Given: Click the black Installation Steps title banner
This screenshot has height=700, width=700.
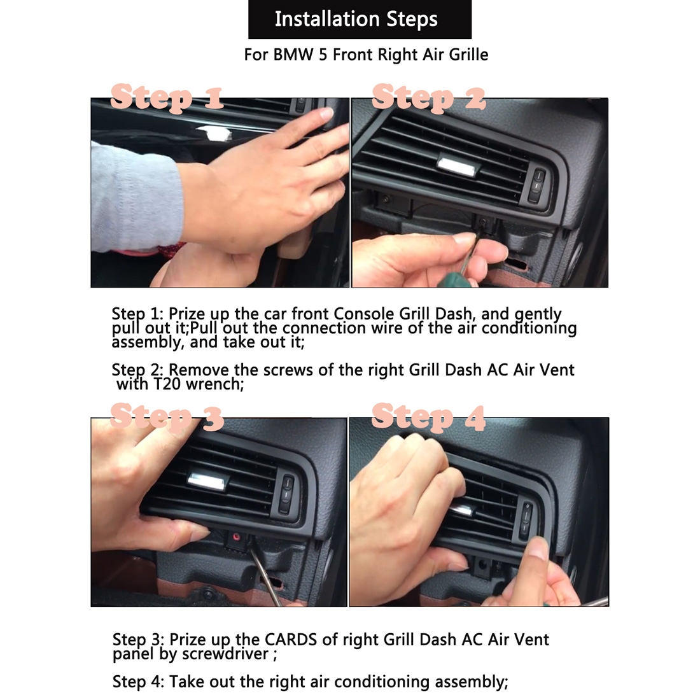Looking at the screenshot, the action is pyautogui.click(x=360, y=19).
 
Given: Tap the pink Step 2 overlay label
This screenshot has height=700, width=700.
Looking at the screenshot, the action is pyautogui.click(x=428, y=97).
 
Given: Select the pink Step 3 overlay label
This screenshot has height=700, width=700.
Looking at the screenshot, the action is pyautogui.click(x=167, y=417).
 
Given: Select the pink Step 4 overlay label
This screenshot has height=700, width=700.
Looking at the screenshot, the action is pyautogui.click(x=428, y=417).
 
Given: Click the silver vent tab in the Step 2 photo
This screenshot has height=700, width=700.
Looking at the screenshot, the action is pyautogui.click(x=459, y=164).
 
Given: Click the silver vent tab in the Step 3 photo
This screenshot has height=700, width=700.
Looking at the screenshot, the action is pyautogui.click(x=209, y=481).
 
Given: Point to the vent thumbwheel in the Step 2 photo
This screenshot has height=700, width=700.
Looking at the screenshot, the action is pyautogui.click(x=538, y=185).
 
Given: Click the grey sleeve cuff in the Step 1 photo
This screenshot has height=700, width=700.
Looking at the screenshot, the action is pyautogui.click(x=137, y=197).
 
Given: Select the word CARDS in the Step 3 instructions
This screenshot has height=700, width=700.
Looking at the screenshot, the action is pyautogui.click(x=291, y=640).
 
